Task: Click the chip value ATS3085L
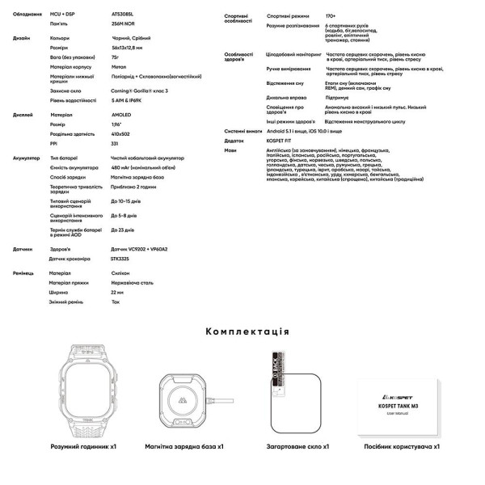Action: point(123,15)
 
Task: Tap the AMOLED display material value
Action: point(121,115)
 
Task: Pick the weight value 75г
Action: point(115,57)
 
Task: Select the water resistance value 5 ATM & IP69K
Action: point(129,99)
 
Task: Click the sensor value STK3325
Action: point(121,259)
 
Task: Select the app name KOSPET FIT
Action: point(285,140)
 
